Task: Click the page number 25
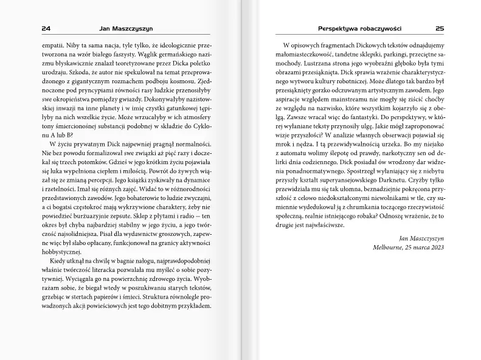[440, 28]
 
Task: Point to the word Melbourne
[392, 249]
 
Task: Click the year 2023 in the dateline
[435, 249]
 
